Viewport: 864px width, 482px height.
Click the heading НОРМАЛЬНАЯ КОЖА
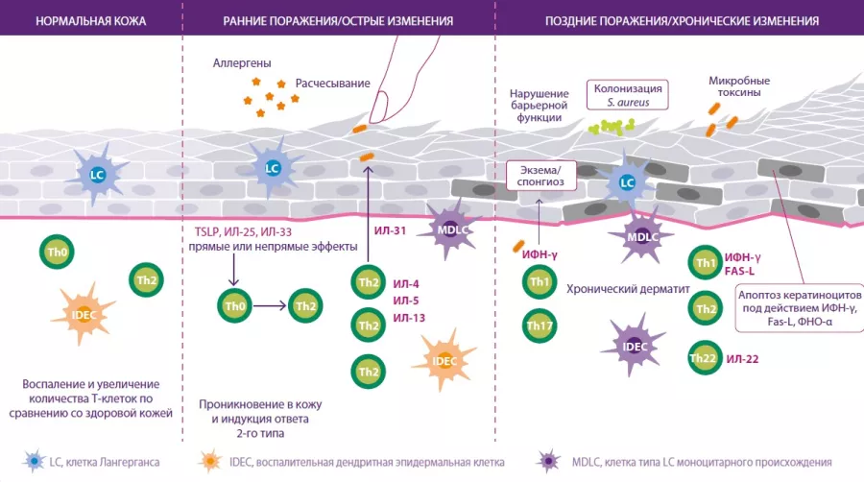click(x=90, y=19)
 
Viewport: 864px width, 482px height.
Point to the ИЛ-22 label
click(x=743, y=359)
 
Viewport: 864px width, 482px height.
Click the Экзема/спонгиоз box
click(x=540, y=175)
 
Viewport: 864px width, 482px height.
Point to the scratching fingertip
click(x=382, y=101)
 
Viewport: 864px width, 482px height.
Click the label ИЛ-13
click(x=409, y=318)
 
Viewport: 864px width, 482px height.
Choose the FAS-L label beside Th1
click(x=741, y=273)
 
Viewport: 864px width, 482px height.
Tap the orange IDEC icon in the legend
click(x=206, y=462)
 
